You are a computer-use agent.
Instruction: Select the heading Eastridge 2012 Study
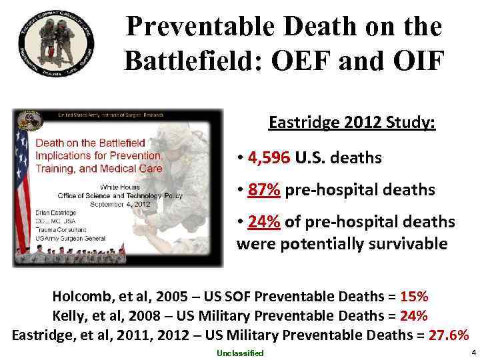[351, 123]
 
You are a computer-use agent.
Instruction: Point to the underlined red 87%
[264, 190]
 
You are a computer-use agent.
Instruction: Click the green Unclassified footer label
[240, 353]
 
